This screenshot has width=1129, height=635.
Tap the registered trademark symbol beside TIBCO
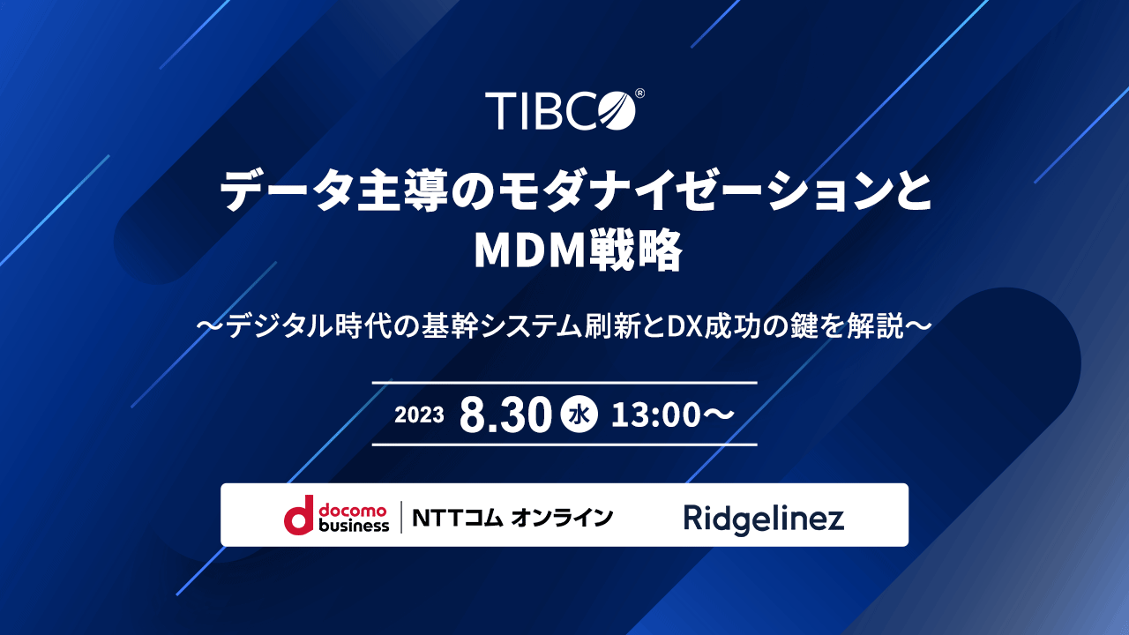[x=639, y=93]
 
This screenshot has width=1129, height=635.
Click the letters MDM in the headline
[x=529, y=250]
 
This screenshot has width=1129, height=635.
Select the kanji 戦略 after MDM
[x=634, y=250]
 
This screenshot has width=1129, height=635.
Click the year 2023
[x=419, y=415]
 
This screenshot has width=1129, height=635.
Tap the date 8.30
[x=505, y=415]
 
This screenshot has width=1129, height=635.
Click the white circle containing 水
[x=579, y=415]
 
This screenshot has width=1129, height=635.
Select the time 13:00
[x=655, y=415]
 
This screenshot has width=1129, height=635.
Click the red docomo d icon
[x=299, y=514]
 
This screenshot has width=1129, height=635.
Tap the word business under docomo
[x=355, y=526]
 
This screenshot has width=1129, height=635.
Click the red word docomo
[x=353, y=511]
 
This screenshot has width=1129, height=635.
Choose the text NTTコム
[x=458, y=518]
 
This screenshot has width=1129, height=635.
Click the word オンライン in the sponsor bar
[x=562, y=518]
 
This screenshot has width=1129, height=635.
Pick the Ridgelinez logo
[x=764, y=519]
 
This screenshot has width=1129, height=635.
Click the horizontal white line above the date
[x=564, y=383]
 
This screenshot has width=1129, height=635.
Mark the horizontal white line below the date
[x=564, y=445]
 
